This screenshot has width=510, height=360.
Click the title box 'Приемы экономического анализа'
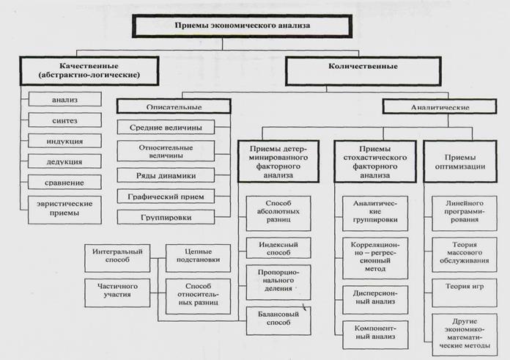[x=243, y=26]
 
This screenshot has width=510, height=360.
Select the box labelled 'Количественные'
[x=363, y=71]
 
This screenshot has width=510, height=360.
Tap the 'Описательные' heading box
[x=174, y=106]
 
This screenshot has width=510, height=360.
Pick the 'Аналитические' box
[x=440, y=107]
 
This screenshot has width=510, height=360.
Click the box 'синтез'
[x=64, y=120]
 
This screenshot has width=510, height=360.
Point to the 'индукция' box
[x=64, y=141]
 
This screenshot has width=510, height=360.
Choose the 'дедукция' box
[x=64, y=161]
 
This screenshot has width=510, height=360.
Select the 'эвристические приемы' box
[x=64, y=210]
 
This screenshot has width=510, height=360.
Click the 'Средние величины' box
[x=166, y=128]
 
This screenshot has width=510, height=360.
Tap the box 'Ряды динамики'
[x=166, y=175]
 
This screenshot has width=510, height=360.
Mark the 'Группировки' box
[x=166, y=217]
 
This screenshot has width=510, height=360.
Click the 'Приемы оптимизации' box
[x=460, y=161]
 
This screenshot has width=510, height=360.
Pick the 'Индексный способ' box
[x=278, y=248]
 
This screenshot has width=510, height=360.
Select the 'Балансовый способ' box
[x=278, y=321]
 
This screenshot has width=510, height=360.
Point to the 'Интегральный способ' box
[x=117, y=258]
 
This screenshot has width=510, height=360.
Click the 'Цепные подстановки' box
[x=198, y=258]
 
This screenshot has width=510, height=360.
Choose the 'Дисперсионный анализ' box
[x=375, y=300]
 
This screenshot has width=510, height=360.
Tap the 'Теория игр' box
[x=465, y=293]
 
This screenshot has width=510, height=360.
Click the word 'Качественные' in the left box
[x=89, y=66]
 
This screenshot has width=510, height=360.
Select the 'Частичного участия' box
[x=117, y=293]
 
